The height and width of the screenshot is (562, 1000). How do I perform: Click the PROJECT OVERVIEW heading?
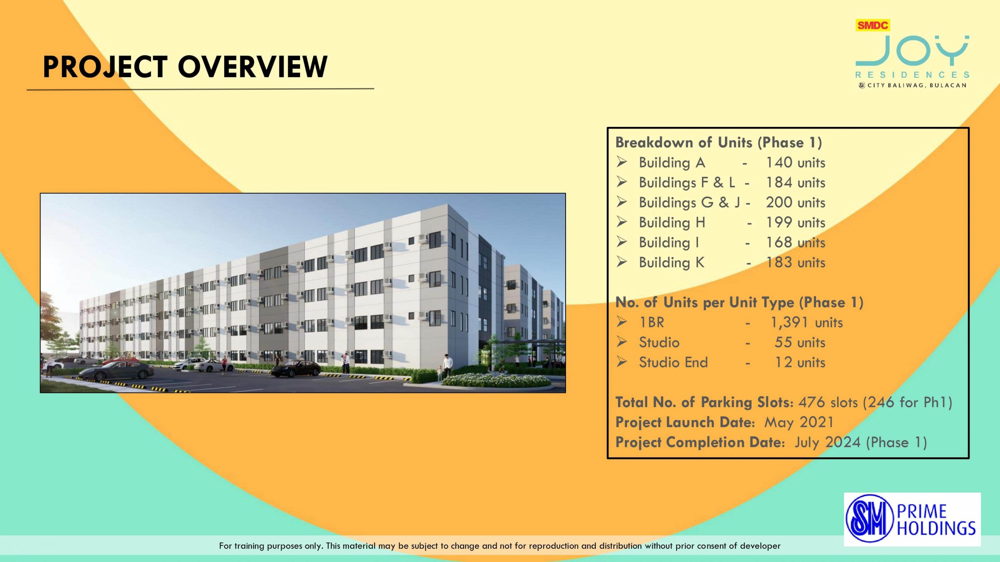pos(185,67)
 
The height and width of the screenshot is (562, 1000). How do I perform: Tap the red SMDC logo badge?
pos(873,25)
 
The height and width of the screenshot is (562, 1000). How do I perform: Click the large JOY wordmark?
pos(912,51)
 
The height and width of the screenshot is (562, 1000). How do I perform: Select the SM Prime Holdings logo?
pos(912,519)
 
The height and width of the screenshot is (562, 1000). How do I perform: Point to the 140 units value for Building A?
pos(795,162)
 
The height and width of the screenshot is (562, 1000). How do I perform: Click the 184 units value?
pos(795,182)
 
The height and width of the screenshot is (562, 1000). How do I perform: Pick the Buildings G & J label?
pos(689,203)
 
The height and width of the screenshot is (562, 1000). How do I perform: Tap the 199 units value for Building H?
pos(795,222)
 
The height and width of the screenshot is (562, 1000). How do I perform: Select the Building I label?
pos(669,242)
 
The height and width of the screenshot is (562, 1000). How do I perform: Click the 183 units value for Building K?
pos(795,262)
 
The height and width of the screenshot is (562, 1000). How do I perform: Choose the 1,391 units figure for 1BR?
pos(806,322)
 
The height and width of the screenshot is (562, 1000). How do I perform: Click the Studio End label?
pos(673,362)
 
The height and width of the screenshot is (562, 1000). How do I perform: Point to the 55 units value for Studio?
pos(800,342)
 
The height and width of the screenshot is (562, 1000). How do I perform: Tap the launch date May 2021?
pos(799,423)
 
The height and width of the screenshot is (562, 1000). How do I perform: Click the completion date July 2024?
pos(827,443)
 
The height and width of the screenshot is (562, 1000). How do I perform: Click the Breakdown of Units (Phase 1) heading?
pos(719,142)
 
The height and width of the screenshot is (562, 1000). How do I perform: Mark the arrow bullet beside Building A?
pos(622,162)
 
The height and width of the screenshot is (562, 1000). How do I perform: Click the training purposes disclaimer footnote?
pos(500,546)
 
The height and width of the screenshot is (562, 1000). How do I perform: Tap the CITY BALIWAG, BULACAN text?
pos(916,85)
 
